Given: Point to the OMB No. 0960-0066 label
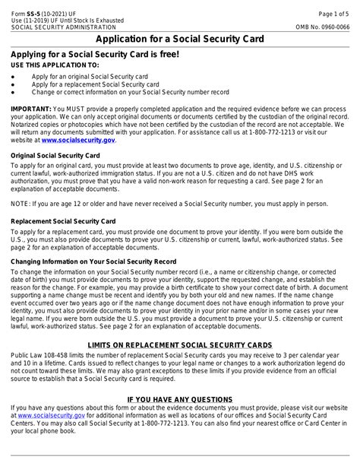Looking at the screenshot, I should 322,26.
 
